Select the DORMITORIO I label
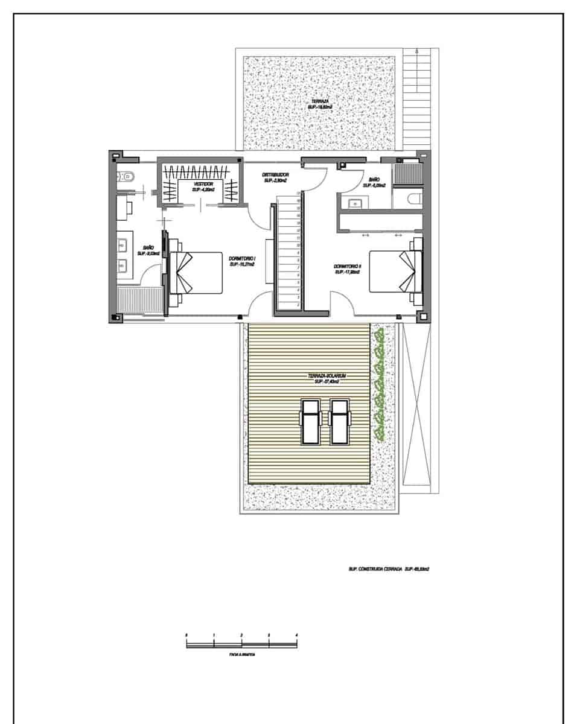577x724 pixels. click(x=241, y=261)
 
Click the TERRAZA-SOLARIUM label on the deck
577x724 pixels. click(x=326, y=378)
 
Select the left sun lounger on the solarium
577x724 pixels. click(x=311, y=421)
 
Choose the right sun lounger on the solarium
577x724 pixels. click(x=340, y=421)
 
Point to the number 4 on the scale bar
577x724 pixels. click(x=296, y=635)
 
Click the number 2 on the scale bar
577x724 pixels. click(x=241, y=635)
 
